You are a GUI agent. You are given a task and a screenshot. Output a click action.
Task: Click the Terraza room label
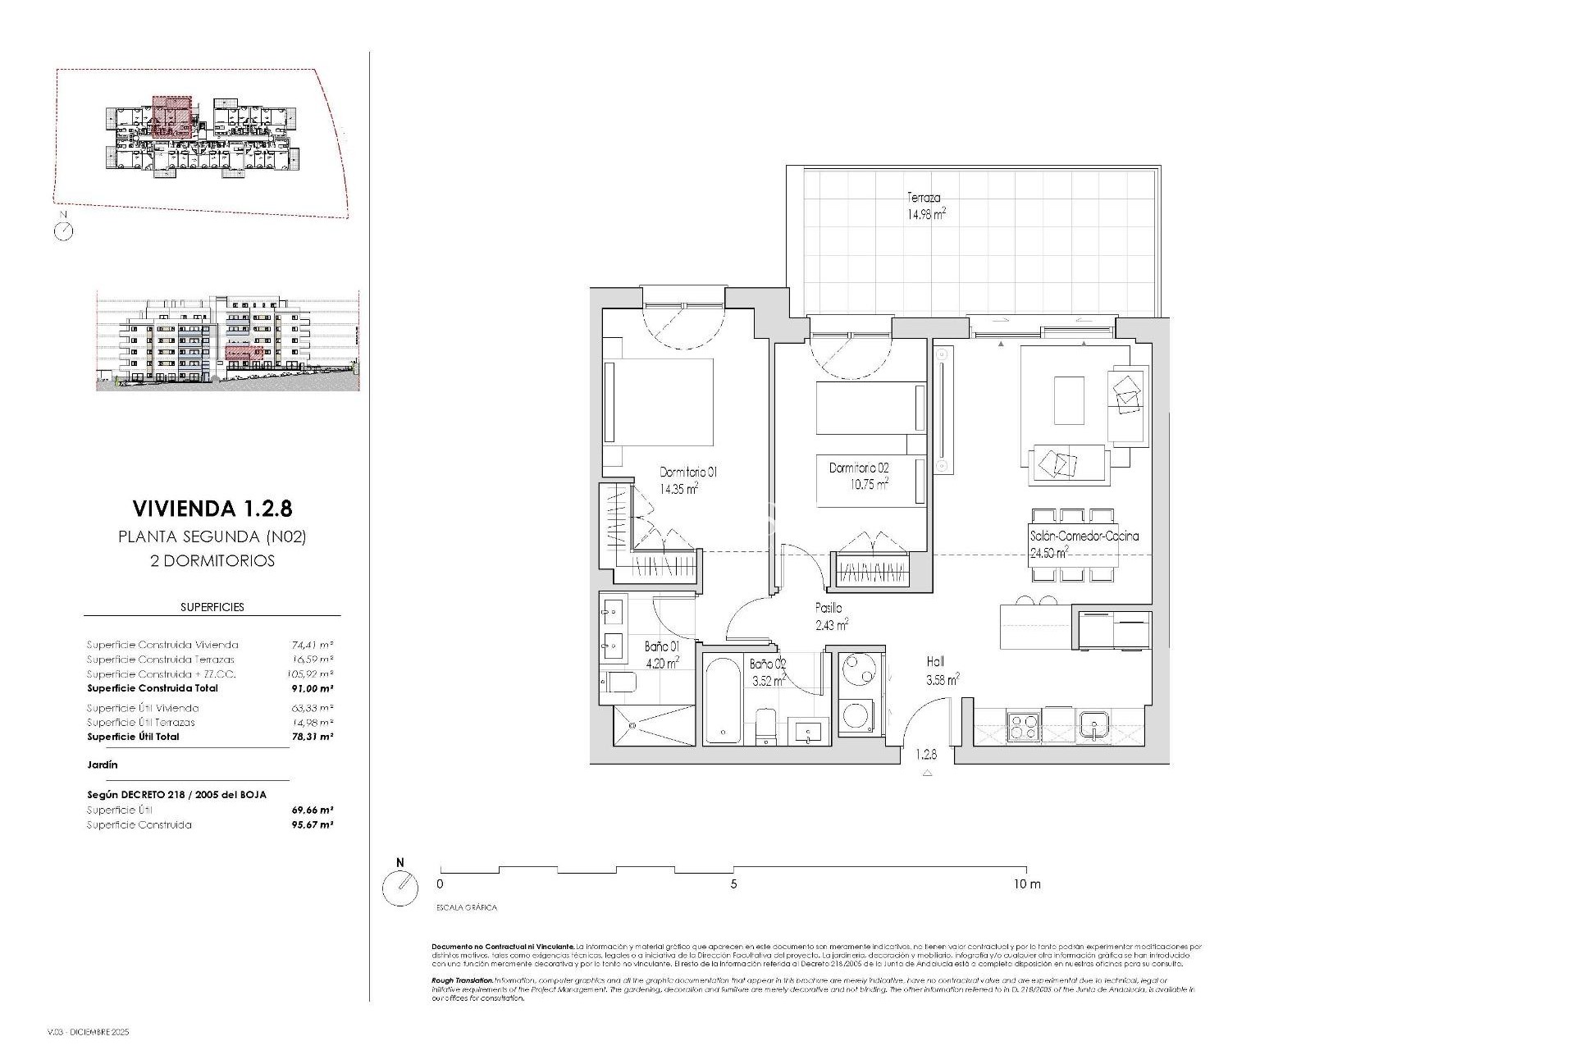924,198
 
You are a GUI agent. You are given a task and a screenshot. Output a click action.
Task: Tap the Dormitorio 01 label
688,472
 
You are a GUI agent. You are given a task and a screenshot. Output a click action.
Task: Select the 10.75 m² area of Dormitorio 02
870,484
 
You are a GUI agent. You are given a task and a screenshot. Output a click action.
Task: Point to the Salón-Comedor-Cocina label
1084,536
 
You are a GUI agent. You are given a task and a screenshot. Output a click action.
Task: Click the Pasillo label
829,609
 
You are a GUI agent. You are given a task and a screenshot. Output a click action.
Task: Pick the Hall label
935,662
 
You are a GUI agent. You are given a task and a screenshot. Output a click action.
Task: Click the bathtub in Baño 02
723,700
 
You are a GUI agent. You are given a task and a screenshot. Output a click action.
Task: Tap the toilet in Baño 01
619,682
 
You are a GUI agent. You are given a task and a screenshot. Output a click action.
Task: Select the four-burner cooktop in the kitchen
1024,728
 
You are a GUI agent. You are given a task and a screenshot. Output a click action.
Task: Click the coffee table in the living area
1069,400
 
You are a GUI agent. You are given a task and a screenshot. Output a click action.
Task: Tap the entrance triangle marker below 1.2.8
927,773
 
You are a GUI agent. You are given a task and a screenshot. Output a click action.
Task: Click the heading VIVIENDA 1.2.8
212,509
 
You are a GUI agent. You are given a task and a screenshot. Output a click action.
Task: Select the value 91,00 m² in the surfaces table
313,688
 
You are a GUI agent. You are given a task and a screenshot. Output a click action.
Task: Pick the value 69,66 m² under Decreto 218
313,810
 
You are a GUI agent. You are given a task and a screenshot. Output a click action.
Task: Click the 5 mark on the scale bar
733,884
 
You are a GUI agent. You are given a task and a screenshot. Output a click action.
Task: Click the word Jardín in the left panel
103,765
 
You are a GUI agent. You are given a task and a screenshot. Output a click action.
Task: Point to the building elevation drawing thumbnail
227,341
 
